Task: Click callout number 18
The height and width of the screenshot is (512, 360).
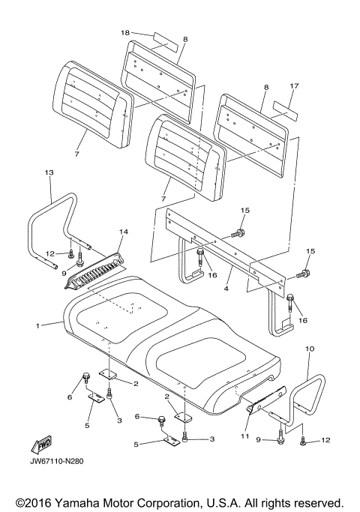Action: click(125, 33)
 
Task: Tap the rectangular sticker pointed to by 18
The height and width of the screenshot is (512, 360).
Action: click(166, 42)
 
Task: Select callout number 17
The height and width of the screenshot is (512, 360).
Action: click(294, 86)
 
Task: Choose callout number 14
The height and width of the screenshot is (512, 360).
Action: click(124, 232)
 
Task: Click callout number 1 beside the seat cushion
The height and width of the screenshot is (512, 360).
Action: click(38, 325)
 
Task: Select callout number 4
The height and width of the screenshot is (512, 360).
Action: click(226, 289)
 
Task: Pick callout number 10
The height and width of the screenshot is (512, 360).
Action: click(310, 349)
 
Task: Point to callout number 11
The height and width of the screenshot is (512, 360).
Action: click(245, 436)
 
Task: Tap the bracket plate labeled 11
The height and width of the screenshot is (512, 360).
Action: click(266, 400)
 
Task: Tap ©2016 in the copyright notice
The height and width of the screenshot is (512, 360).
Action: click(34, 502)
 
